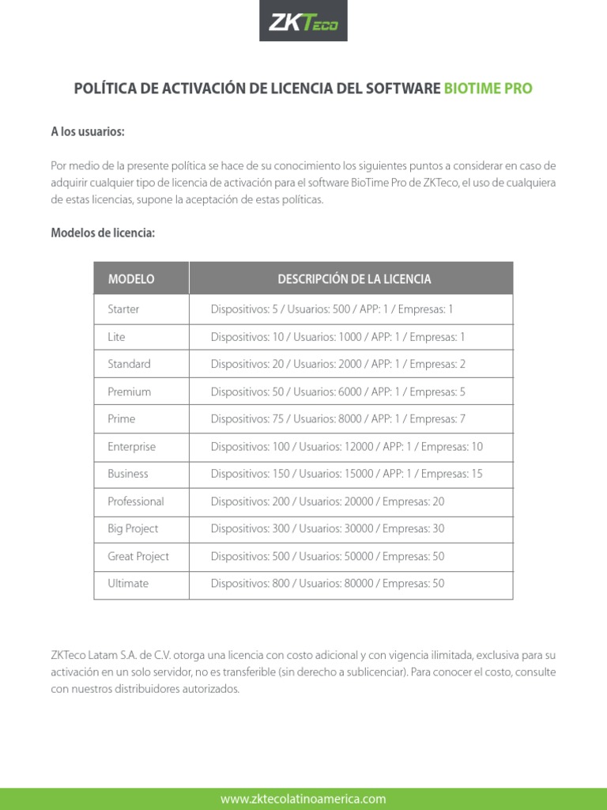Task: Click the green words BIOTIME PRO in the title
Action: pos(488,89)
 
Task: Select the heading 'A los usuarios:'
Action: pos(88,132)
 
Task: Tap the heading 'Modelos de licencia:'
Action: pos(103,233)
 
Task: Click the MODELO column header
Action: pos(131,279)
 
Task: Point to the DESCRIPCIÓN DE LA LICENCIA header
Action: pos(354,279)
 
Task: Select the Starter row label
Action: pos(123,309)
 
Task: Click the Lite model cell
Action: pos(116,337)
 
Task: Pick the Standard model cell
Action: pos(129,364)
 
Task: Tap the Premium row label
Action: pos(129,392)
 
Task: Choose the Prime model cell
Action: pos(122,418)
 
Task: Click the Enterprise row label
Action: pos(131,446)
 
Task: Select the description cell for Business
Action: pos(346,474)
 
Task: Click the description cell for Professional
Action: pos(327,502)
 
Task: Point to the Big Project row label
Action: pos(133,528)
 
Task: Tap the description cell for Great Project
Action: pos(327,556)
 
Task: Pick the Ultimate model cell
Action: pos(128,584)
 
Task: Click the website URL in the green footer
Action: pos(303,799)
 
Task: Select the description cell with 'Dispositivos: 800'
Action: pos(327,584)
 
